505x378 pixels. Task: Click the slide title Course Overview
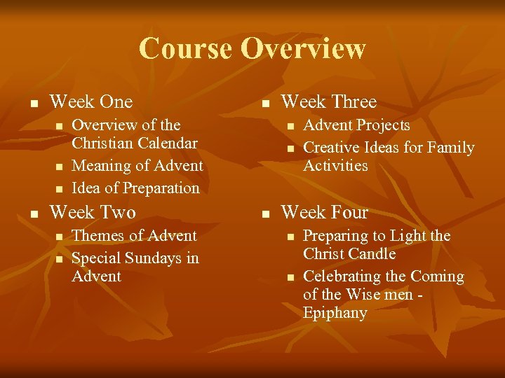[x=252, y=48]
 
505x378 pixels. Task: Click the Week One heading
[x=91, y=101]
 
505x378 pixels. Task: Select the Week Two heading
[x=93, y=211]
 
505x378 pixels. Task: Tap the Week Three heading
[x=328, y=101]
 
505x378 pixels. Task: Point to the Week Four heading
[x=324, y=211]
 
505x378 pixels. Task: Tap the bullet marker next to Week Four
[x=264, y=213]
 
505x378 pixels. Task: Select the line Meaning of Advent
[x=137, y=166]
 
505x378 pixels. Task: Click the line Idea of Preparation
[x=136, y=188]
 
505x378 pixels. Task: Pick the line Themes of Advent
[x=135, y=236]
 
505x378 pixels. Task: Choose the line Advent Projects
[x=356, y=125]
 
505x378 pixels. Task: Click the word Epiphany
[x=335, y=312]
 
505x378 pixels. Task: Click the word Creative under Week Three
[x=332, y=148]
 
